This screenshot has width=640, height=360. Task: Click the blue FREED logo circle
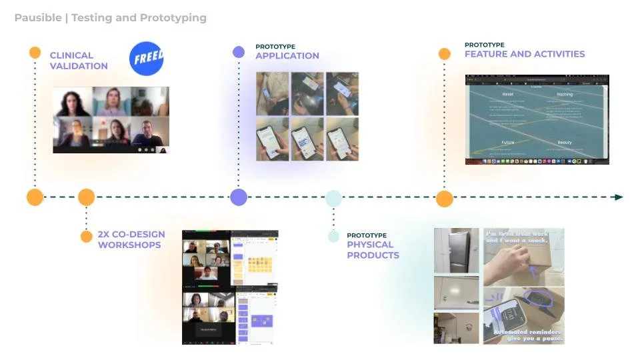pos(146,59)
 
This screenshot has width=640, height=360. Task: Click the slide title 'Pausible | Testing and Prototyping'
pos(110,18)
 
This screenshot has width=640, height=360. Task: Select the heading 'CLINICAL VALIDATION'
pos(78,61)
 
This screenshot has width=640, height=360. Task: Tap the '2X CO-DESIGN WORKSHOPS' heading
pos(131,239)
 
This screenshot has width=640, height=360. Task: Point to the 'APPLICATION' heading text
pos(287,56)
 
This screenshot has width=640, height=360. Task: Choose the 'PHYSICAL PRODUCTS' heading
pos(373,249)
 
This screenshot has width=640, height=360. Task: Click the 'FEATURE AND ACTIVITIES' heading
pos(525,54)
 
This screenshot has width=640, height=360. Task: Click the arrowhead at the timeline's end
pos(619,197)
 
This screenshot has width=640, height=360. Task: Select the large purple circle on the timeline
pos(239,197)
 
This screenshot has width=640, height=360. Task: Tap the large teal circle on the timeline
pos(333,197)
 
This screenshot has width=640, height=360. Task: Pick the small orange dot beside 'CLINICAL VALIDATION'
pos(35,53)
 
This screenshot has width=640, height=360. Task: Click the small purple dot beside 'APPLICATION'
pos(239,52)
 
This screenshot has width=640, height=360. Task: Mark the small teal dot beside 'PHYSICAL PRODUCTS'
pos(333,237)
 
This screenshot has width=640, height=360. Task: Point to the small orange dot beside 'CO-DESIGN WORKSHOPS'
pos(86,237)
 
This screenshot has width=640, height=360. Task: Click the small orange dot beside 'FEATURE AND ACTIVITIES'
pos(445,54)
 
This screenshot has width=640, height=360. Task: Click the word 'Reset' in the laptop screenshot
pos(507,95)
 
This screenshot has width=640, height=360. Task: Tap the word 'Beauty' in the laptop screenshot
pos(564,143)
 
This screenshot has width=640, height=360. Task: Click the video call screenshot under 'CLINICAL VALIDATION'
pos(111,120)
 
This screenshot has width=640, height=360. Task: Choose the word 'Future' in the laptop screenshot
pos(507,143)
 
